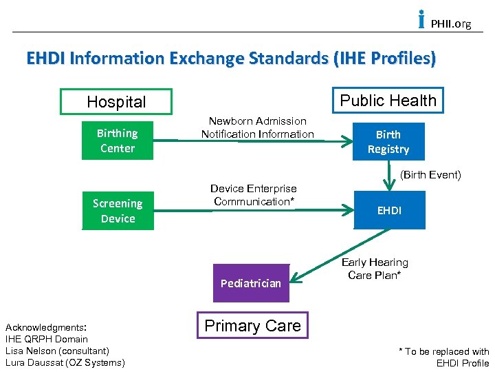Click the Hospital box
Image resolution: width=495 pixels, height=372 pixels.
[x=116, y=102]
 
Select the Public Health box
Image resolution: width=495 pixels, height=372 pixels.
[x=388, y=101]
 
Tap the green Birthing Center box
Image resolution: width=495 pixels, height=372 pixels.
[x=118, y=141]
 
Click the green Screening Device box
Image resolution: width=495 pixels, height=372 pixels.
[x=118, y=211]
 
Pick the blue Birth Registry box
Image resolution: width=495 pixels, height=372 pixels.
[x=388, y=142]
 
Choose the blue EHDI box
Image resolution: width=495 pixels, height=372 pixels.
[x=389, y=210]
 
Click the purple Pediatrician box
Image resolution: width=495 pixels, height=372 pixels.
[x=251, y=283]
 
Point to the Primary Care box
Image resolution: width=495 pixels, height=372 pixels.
[x=253, y=326]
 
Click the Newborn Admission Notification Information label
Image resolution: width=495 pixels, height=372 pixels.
[x=257, y=127]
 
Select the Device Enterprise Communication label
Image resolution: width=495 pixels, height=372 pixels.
[x=254, y=195]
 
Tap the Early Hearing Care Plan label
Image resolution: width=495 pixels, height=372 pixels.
[x=375, y=269]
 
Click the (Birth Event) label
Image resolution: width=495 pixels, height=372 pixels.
[x=430, y=175]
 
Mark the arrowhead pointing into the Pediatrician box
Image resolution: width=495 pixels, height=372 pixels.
[x=294, y=278]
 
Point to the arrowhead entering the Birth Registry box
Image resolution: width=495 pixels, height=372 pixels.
[x=348, y=143]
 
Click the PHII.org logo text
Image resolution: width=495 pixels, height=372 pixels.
[x=450, y=24]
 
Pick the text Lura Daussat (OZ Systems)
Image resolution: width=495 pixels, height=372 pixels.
[x=65, y=362]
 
